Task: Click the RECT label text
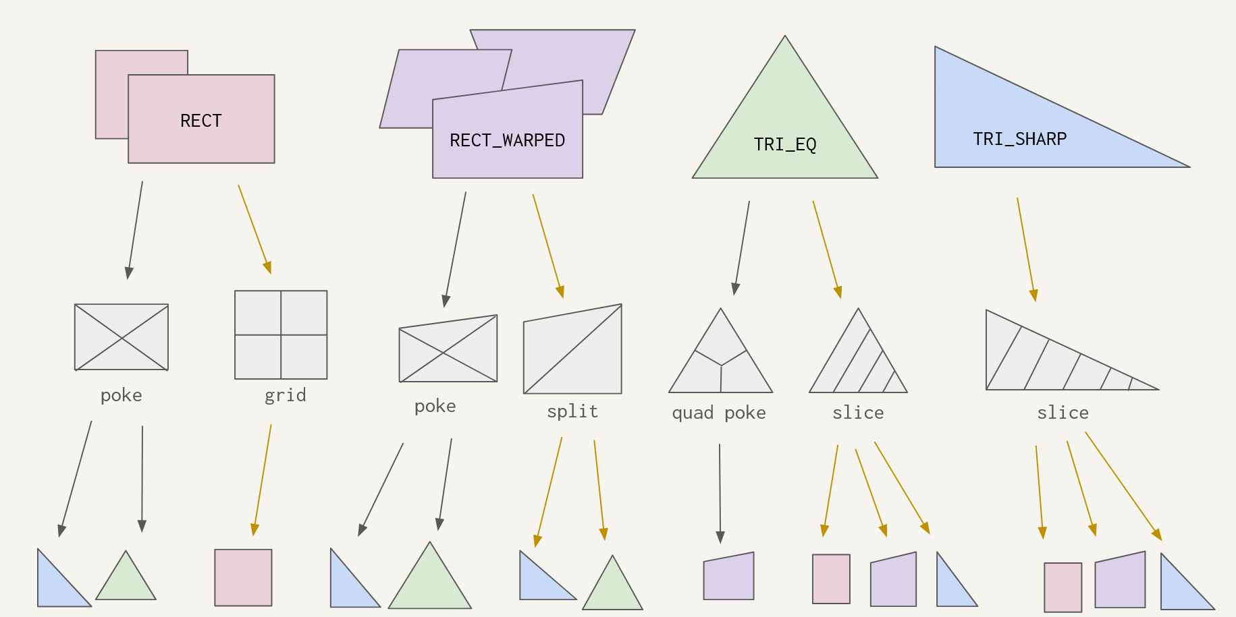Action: (x=200, y=121)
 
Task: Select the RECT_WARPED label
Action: (x=507, y=140)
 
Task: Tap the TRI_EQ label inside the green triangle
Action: (x=784, y=144)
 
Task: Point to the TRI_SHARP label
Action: (x=1019, y=139)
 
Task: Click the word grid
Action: (x=285, y=395)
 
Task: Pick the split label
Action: (x=572, y=411)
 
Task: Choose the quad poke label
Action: (x=718, y=413)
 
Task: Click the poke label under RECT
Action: (x=121, y=395)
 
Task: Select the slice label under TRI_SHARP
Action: (x=1063, y=413)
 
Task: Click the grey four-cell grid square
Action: (x=281, y=335)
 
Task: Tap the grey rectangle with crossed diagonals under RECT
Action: (x=122, y=337)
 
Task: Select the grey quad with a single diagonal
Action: (x=572, y=349)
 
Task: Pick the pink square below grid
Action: (x=243, y=577)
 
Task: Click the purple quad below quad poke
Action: (x=728, y=577)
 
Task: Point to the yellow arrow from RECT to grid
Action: (x=254, y=229)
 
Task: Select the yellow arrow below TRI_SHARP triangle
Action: (x=1026, y=249)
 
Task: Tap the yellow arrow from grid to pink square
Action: (x=262, y=479)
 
